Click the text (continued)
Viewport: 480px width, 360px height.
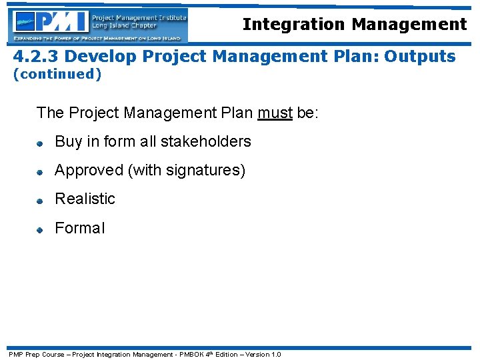57,74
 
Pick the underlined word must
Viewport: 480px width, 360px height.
275,113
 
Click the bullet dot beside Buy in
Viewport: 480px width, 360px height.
40,143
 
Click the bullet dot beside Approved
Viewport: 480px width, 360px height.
40,171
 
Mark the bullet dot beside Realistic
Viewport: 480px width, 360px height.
40,200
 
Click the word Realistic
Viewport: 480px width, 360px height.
85,199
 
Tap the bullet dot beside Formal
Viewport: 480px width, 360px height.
40,229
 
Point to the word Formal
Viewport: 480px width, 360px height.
79,228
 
